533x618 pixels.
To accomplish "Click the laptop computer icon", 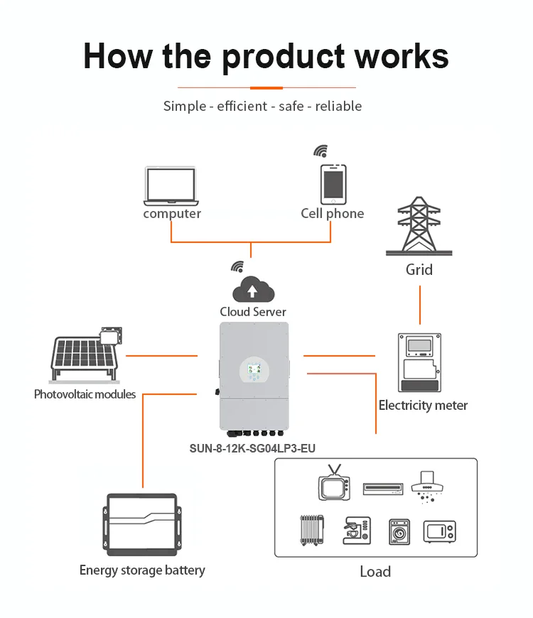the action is coord(171,186).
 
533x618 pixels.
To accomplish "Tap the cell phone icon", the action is coord(333,185).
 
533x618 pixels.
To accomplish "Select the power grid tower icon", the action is coord(419,226).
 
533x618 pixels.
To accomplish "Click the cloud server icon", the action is coord(254,289).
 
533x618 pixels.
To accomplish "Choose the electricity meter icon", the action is coord(419,362).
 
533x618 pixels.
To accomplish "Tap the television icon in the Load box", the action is coord(334,483).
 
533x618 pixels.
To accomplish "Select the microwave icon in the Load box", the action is coord(440,531).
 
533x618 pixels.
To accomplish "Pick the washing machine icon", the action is coord(399,532).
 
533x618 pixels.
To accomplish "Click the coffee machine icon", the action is coord(357,531).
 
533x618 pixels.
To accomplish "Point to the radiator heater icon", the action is coord(312,530).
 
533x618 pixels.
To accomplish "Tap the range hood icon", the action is coord(427,487).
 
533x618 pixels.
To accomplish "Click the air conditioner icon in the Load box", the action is coord(383,489).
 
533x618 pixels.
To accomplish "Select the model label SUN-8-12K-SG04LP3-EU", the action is coord(252,448).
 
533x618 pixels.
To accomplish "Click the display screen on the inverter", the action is coord(254,369).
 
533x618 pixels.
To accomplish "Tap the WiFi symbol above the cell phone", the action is coord(321,151).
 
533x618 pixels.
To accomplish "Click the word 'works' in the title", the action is coord(402,56).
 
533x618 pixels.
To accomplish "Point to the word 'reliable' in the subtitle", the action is coord(338,106).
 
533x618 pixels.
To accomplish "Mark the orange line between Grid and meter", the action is coord(420,305).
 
